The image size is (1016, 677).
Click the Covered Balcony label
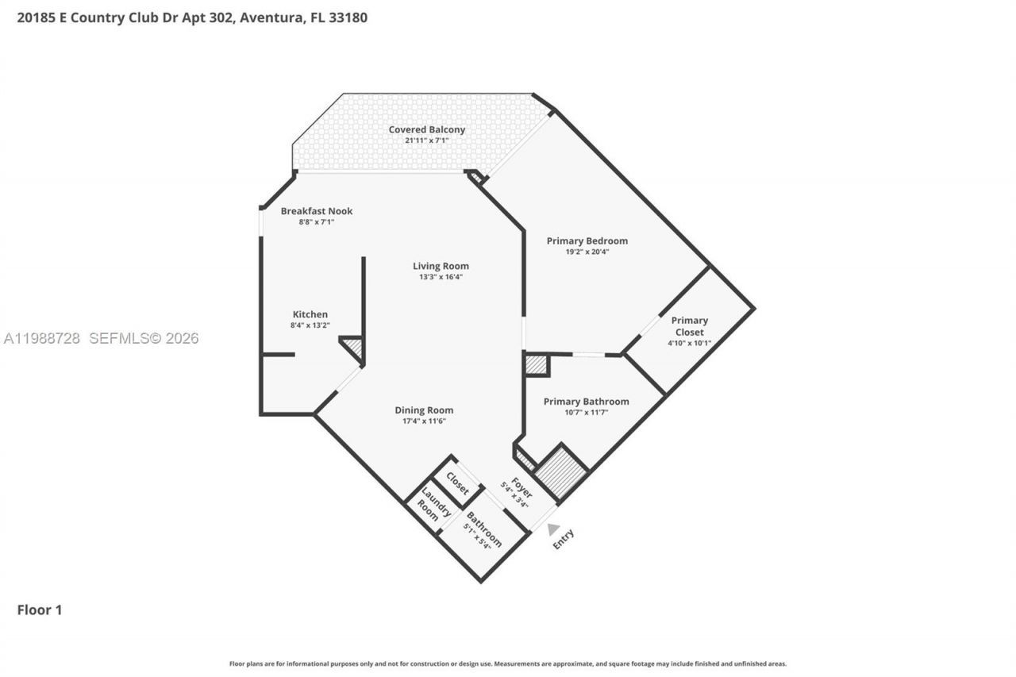pos(426,129)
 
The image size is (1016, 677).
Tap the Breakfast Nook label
pos(316,211)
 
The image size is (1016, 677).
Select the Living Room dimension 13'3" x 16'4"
pos(441,277)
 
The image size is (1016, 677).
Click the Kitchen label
pos(310,314)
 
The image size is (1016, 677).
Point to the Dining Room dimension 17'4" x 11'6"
pos(424,421)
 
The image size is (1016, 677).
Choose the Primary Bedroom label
pos(587,240)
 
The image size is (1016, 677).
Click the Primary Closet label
pos(689,326)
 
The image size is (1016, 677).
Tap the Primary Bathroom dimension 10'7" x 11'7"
pos(586,412)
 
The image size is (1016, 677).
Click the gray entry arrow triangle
pos(552,529)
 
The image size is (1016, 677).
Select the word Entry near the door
pos(563,540)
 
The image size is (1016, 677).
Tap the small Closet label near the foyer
pos(458,483)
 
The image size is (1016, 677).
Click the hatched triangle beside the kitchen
pos(353,347)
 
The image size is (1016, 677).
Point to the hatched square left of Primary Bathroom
pos(537,365)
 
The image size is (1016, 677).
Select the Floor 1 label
pos(40,610)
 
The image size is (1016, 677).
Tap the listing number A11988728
pos(42,338)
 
